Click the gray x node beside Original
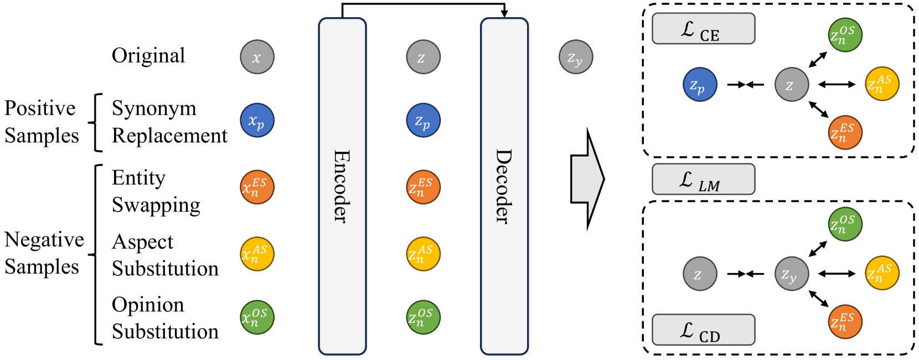[x=257, y=56]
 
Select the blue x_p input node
[x=257, y=120]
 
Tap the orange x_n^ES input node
[x=257, y=187]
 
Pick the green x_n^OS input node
[x=257, y=317]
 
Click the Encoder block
[x=342, y=186]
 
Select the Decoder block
[x=504, y=186]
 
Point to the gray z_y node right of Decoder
[x=576, y=56]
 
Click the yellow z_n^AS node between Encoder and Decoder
[x=423, y=254]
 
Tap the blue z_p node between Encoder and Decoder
[x=423, y=120]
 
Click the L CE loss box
[x=703, y=29]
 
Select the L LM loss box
[x=703, y=179]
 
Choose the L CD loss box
[x=703, y=330]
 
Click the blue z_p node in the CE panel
[x=700, y=85]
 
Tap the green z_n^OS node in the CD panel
[x=845, y=224]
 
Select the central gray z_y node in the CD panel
[x=792, y=274]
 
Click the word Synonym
[x=154, y=109]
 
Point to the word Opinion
[x=148, y=305]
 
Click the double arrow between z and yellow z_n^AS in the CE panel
[x=837, y=85]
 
